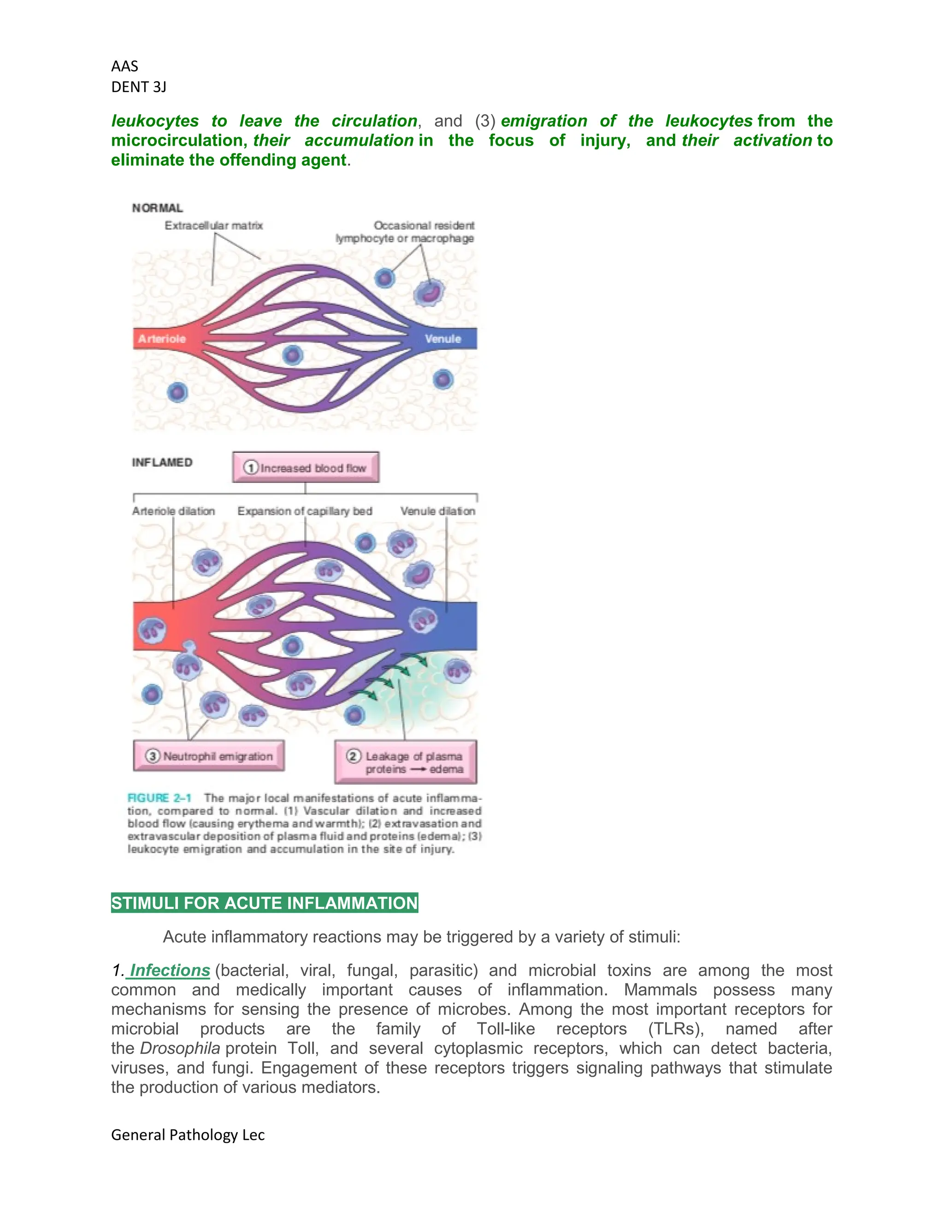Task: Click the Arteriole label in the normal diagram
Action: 162,339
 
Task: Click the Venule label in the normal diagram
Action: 443,339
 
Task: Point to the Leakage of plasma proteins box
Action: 406,763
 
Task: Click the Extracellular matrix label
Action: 213,226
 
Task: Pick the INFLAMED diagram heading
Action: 162,462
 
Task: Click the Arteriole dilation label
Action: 173,511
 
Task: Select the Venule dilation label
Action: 438,511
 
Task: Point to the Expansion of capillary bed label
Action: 305,511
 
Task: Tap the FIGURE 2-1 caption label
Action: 159,798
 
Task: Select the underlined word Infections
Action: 170,970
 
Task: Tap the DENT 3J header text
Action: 139,87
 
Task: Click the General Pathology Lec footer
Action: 188,1135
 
